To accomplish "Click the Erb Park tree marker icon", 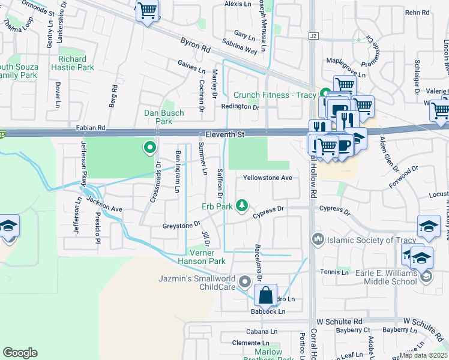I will (242, 206).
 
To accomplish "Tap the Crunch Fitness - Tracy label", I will (274, 95).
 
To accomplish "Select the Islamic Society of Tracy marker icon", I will (317, 240).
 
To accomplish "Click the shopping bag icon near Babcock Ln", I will (265, 296).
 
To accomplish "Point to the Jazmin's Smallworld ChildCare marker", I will (244, 281).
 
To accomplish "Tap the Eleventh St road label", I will (223, 135).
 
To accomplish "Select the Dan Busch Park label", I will (158, 117).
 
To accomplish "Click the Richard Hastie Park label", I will (76, 64).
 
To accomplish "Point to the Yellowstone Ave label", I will (267, 178).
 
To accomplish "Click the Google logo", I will (20, 353).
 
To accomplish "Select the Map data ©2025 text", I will (423, 355).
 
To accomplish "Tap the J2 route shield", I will (313, 36).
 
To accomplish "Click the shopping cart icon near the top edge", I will (147, 10).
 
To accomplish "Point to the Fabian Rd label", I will (91, 128).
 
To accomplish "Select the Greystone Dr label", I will (181, 225).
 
